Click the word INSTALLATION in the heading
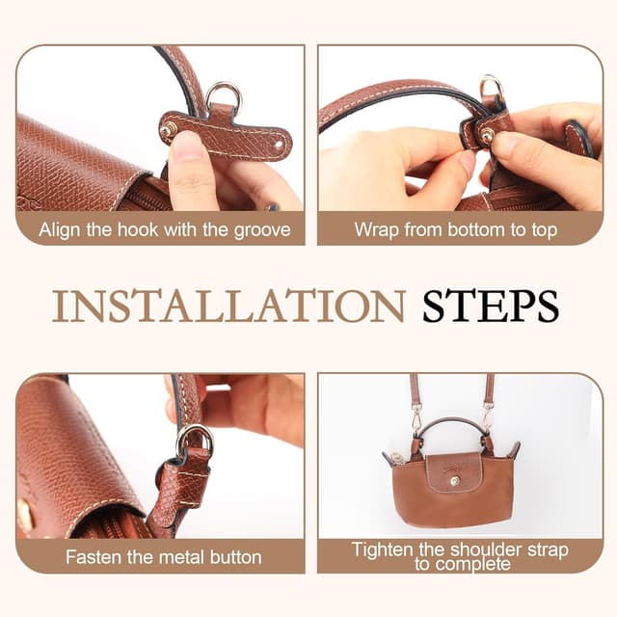point(228,307)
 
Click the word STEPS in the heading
point(491,307)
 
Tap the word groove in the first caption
point(262,229)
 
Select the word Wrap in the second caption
point(377,229)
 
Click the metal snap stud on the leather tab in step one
point(170,128)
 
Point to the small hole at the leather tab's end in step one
point(279,145)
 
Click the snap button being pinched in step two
point(488,135)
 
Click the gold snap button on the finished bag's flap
point(455,481)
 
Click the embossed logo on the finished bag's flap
point(453,469)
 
